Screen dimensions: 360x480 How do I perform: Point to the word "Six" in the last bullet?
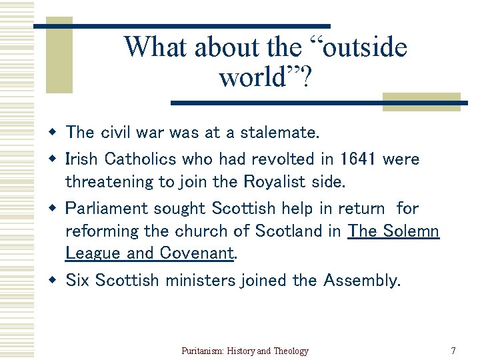click(x=77, y=281)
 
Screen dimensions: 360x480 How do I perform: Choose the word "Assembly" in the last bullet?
click(x=361, y=281)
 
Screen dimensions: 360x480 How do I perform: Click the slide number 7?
click(x=453, y=351)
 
